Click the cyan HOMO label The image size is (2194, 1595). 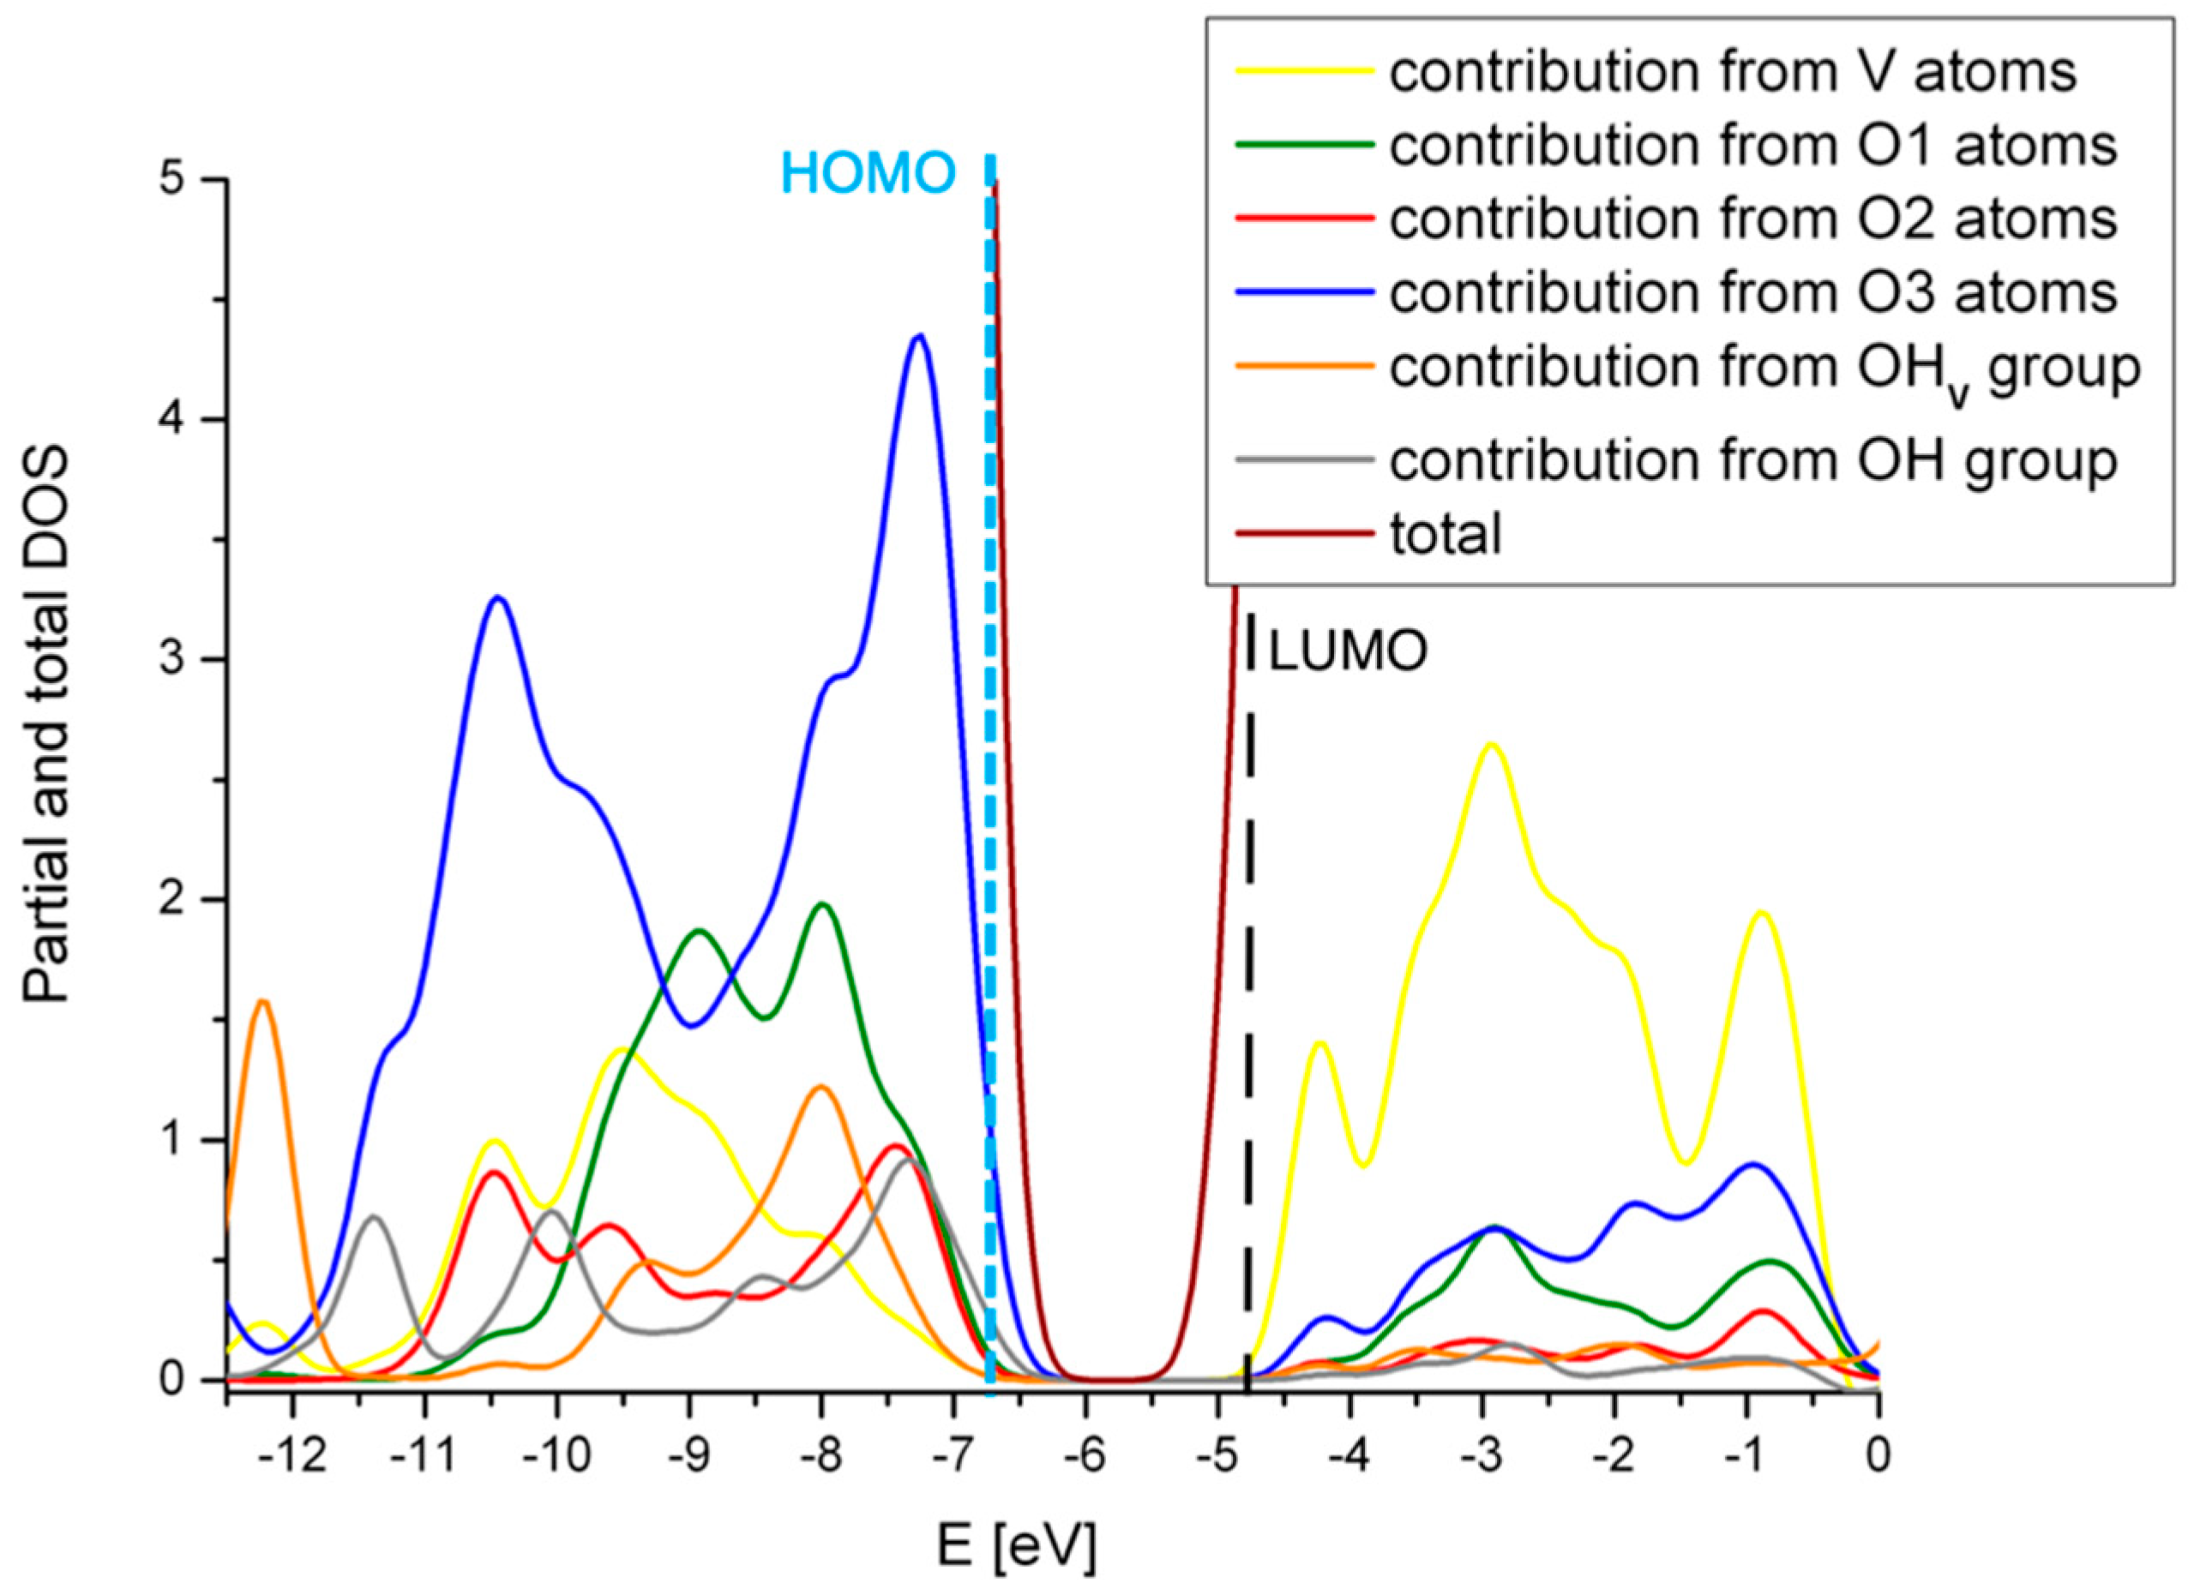click(x=868, y=175)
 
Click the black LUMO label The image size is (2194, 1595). click(x=1348, y=652)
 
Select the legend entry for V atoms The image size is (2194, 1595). click(x=1732, y=73)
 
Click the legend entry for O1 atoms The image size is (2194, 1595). click(x=1752, y=146)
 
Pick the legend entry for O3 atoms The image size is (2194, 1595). click(x=1752, y=292)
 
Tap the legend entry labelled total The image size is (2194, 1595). click(x=1446, y=534)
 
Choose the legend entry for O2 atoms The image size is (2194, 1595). click(x=1752, y=219)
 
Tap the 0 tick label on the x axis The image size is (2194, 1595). click(x=1878, y=1454)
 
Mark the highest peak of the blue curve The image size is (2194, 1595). click(x=919, y=336)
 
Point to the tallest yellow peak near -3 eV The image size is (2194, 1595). click(x=1491, y=745)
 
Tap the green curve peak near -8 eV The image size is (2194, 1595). click(x=823, y=904)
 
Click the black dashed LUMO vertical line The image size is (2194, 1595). click(x=1249, y=1064)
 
